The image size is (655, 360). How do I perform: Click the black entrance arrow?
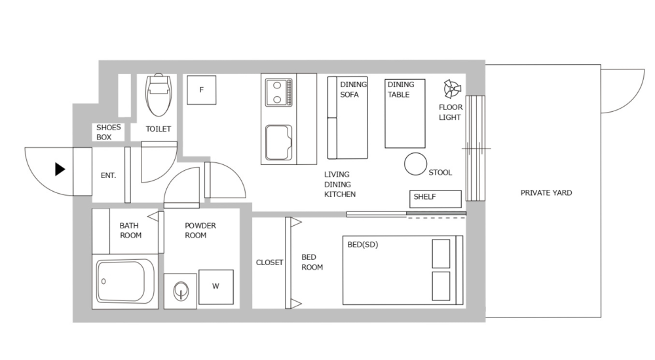(60, 170)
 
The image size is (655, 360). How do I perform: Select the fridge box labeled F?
(201, 90)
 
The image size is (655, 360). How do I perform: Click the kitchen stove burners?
(279, 92)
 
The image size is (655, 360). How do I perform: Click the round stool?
(415, 164)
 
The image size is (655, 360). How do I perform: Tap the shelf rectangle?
(436, 198)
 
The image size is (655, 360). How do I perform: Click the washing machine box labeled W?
(216, 287)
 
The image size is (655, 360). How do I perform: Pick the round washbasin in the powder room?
(180, 290)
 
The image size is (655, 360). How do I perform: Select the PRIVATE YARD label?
(546, 193)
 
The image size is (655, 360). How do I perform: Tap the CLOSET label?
(269, 262)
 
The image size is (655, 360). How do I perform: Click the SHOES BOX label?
(109, 132)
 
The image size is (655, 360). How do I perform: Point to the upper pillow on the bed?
(441, 253)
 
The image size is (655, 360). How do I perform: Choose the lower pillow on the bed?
(441, 285)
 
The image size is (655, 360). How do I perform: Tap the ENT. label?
(108, 175)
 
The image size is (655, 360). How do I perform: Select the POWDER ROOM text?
(200, 230)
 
